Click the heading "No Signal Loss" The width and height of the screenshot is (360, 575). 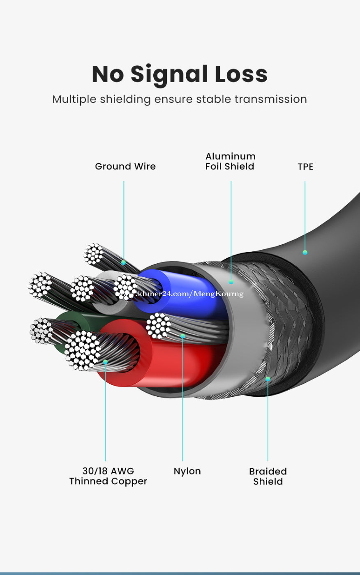[x=180, y=74]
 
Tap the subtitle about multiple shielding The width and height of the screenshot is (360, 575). [x=180, y=99]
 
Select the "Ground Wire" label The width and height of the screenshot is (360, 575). [x=125, y=166]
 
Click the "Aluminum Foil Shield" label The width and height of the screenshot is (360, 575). [x=230, y=161]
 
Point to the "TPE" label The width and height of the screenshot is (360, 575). [x=305, y=167]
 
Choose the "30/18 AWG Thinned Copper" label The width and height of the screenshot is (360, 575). [x=108, y=476]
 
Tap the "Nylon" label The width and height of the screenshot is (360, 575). [x=187, y=471]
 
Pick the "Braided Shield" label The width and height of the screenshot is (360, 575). [x=268, y=476]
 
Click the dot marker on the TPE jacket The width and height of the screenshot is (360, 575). [x=305, y=253]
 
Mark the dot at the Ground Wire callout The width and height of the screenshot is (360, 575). [x=123, y=262]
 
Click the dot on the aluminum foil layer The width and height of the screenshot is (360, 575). [x=231, y=282]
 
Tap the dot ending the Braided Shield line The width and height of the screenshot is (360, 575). [x=268, y=379]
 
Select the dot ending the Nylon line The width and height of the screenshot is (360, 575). [x=182, y=336]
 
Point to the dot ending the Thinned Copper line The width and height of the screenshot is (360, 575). [x=105, y=362]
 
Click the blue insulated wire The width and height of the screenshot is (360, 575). [x=193, y=304]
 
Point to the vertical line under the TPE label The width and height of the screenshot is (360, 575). [x=305, y=214]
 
